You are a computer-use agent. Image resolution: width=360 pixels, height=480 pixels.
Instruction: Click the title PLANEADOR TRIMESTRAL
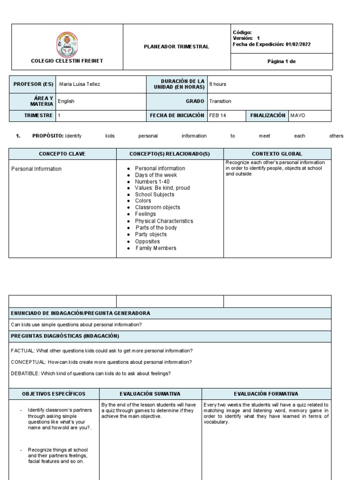tap(176, 47)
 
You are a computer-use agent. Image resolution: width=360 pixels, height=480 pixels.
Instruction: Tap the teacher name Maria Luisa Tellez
tap(80, 84)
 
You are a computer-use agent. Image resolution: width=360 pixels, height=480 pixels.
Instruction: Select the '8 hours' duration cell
tap(218, 84)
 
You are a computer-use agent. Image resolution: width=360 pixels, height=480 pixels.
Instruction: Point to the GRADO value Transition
tap(220, 101)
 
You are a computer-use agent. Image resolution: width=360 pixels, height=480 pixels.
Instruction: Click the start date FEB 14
tap(218, 115)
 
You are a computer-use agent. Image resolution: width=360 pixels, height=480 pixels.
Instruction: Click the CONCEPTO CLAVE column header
tap(62, 154)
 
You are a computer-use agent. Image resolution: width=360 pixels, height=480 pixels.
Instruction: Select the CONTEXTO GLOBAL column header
tap(277, 154)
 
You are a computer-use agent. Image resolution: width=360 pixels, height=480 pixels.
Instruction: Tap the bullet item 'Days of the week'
tap(156, 175)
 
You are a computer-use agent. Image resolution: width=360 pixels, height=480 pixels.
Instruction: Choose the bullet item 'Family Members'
tap(156, 248)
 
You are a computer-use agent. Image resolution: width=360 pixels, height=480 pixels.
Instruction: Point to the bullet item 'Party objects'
tap(150, 234)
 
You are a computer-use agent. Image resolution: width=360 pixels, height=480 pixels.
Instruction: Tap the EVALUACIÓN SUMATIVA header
tap(150, 394)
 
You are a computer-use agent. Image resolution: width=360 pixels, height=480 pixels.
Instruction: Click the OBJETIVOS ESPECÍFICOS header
tap(53, 394)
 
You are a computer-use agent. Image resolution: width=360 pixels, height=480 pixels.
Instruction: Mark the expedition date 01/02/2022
tap(298, 45)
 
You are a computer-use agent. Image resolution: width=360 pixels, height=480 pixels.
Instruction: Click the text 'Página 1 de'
tap(281, 61)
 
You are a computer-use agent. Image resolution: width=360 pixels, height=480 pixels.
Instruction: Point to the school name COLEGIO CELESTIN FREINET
tap(67, 61)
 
